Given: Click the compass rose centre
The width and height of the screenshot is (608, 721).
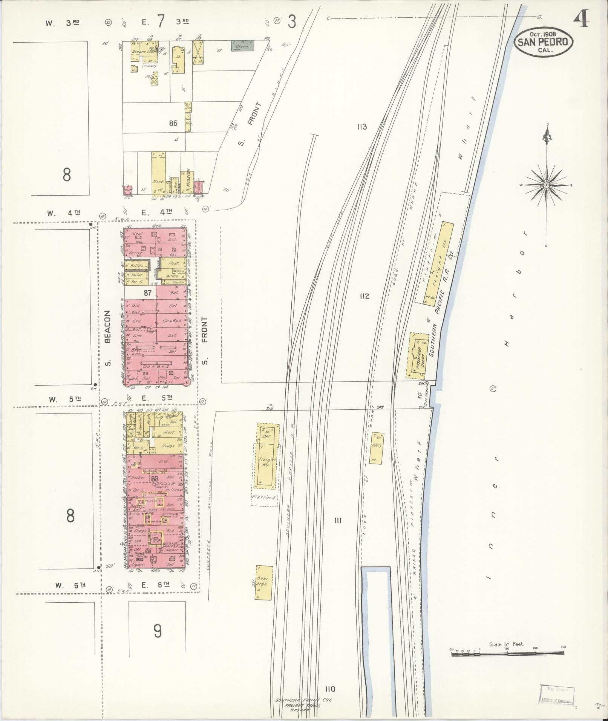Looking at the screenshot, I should pyautogui.click(x=546, y=185).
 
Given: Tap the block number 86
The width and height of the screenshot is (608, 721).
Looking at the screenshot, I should pyautogui.click(x=173, y=123).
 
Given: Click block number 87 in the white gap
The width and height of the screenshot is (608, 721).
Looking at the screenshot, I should pyautogui.click(x=147, y=292).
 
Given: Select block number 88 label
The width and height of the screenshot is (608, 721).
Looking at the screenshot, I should pyautogui.click(x=155, y=479).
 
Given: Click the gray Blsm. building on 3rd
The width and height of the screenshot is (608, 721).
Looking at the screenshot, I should pyautogui.click(x=242, y=46).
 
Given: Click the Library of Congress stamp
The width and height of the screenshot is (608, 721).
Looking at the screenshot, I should pyautogui.click(x=556, y=694).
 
